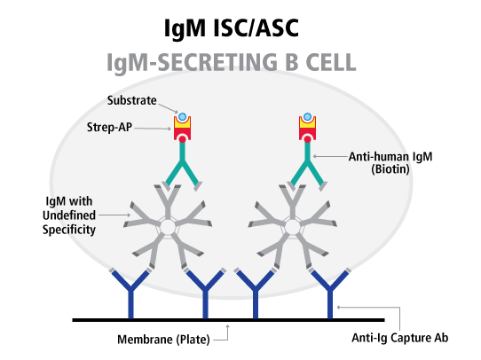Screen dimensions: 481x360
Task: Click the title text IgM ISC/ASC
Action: pos(232,28)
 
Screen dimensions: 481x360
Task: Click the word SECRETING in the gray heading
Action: pos(217,62)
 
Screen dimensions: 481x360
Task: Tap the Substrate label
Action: pos(132,100)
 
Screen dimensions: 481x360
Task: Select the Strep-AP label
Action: pos(109,127)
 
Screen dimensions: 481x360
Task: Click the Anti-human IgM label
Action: pos(390,157)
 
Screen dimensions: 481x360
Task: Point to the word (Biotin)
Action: pos(390,169)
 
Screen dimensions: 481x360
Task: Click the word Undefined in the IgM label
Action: pos(69,215)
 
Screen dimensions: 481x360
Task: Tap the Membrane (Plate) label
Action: pos(163,340)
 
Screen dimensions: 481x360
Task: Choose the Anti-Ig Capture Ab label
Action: pos(399,338)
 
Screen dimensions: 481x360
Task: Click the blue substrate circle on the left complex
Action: pos(182,117)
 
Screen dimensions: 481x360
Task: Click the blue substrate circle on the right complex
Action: pos(307,117)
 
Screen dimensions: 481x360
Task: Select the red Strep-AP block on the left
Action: pos(183,133)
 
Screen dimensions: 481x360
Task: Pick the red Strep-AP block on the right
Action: pos(308,133)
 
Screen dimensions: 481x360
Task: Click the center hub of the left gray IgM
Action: pos(168,227)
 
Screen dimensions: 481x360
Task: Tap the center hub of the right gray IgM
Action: pos(293,227)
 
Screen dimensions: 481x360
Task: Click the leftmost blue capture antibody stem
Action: pos(130,304)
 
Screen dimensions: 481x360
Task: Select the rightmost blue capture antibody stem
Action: pos(330,304)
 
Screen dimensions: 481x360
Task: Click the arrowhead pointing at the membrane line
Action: pos(227,326)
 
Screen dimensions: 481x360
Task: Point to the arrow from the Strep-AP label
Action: pos(153,129)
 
